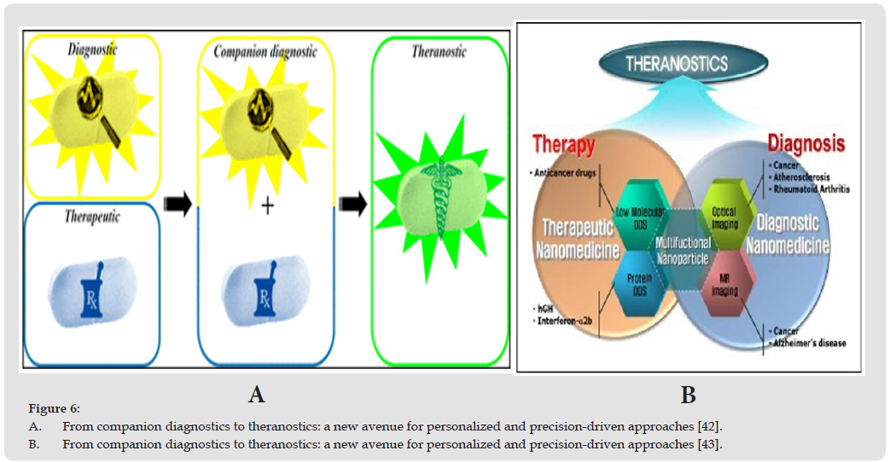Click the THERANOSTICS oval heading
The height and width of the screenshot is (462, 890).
coord(677,64)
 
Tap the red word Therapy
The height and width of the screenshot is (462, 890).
coord(563,144)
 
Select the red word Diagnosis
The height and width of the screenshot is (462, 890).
coord(805,141)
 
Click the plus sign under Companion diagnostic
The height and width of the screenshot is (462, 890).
coord(267,206)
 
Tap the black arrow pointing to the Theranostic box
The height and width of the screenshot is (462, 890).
coord(352,204)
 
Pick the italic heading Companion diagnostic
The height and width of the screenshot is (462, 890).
coord(266,52)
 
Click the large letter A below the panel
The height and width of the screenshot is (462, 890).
coord(256,394)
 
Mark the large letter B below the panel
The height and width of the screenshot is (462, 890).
coord(688,395)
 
